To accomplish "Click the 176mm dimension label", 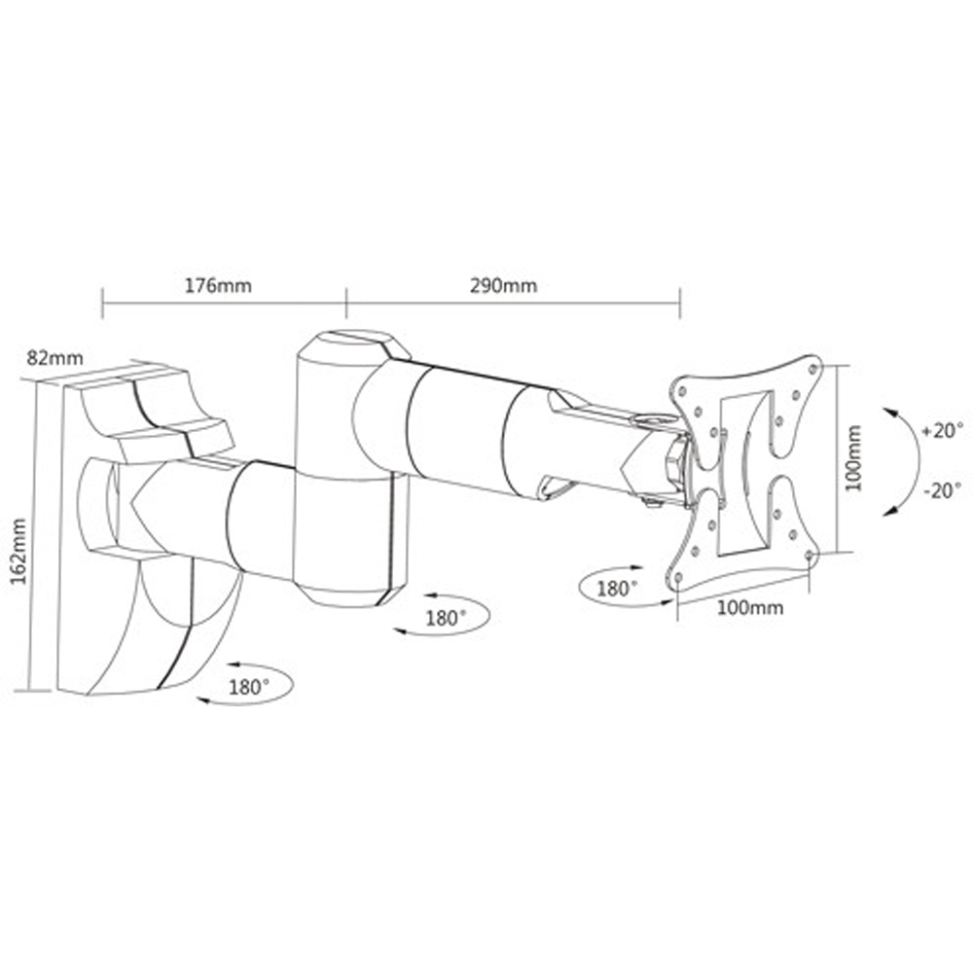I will coord(218,286).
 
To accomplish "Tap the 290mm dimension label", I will coord(503,286).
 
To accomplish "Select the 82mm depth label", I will coord(55,357).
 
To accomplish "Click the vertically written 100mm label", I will coord(853,456).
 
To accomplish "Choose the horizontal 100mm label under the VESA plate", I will coord(750,608).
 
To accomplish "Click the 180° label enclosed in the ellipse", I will coord(617,588).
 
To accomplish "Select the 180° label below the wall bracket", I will coord(248,686).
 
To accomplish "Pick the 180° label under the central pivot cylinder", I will coord(446,617).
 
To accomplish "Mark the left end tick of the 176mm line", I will coord(102,302).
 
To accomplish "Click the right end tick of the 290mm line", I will coord(680,302).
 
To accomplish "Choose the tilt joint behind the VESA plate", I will coord(671,462).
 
